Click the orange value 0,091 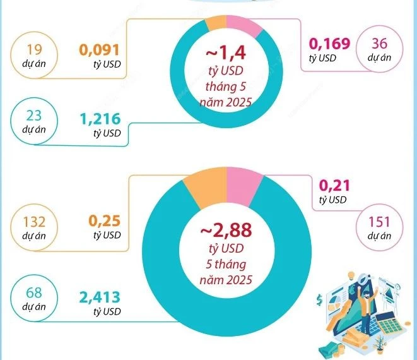(x=99, y=50)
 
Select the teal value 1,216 (x=99, y=117)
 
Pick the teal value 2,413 (x=99, y=297)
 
